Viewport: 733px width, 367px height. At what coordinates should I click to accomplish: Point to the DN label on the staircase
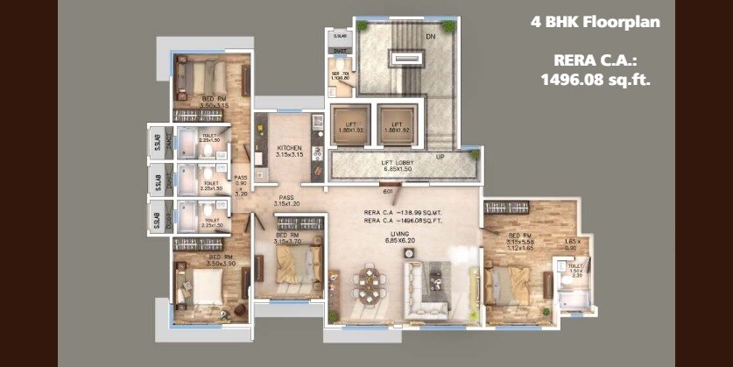pyautogui.click(x=430, y=37)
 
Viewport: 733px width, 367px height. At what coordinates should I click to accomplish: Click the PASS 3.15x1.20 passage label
pyautogui.click(x=286, y=202)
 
